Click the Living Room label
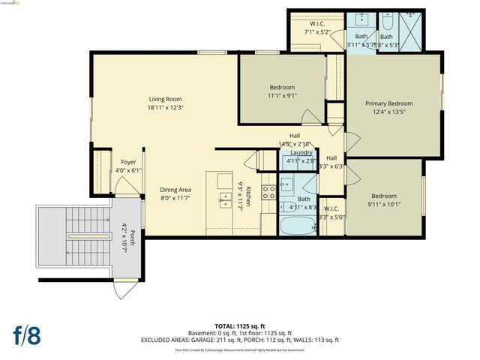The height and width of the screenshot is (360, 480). coord(165,99)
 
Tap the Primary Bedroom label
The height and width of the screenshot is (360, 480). coord(388,103)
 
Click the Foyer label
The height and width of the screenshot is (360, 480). coord(128,162)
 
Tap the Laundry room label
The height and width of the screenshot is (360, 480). coord(301,152)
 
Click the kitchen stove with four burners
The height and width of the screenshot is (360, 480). coord(268,191)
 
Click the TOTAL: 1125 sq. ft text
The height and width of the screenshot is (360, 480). coord(239,326)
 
